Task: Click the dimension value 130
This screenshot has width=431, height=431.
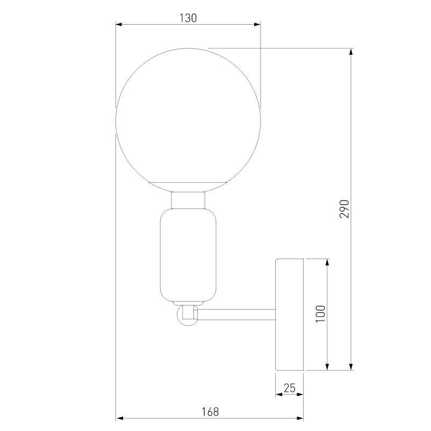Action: pyautogui.click(x=188, y=18)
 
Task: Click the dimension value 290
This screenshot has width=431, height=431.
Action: pyautogui.click(x=345, y=209)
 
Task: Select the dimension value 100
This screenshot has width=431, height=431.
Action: pyautogui.click(x=321, y=314)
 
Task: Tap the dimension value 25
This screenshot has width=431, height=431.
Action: pyautogui.click(x=290, y=387)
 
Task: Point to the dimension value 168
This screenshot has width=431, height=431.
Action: pyautogui.click(x=210, y=412)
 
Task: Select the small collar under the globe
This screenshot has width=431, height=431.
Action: pyautogui.click(x=189, y=201)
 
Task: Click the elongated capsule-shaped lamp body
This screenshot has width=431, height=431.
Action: pyautogui.click(x=188, y=255)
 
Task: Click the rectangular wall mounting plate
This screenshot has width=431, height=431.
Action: pyautogui.click(x=290, y=314)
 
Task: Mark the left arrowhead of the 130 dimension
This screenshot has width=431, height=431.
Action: pyautogui.click(x=120, y=24)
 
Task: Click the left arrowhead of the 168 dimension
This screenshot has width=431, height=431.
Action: pyautogui.click(x=120, y=418)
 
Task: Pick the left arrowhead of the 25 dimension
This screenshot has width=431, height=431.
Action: pyautogui.click(x=279, y=394)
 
